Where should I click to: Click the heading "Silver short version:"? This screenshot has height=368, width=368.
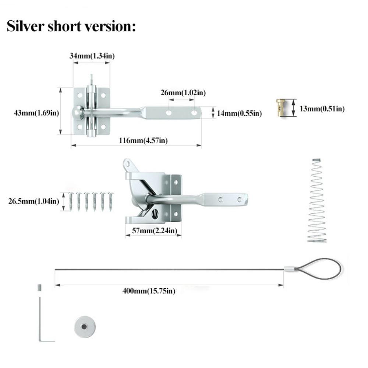(x=71, y=26)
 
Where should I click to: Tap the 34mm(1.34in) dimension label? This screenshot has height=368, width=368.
(x=92, y=56)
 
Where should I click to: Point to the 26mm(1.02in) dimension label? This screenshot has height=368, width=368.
(x=183, y=92)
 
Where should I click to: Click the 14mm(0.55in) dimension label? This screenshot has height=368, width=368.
(x=239, y=114)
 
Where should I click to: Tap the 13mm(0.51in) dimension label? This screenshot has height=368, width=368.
(x=322, y=109)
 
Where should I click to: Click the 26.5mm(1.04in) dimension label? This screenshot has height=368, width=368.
(x=33, y=201)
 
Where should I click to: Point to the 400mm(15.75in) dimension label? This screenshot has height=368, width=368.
(x=149, y=291)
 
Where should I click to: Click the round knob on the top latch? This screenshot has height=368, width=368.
(x=78, y=112)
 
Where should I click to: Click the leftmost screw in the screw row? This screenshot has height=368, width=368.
(x=70, y=202)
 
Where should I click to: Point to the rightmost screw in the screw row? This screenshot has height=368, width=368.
(x=110, y=202)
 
